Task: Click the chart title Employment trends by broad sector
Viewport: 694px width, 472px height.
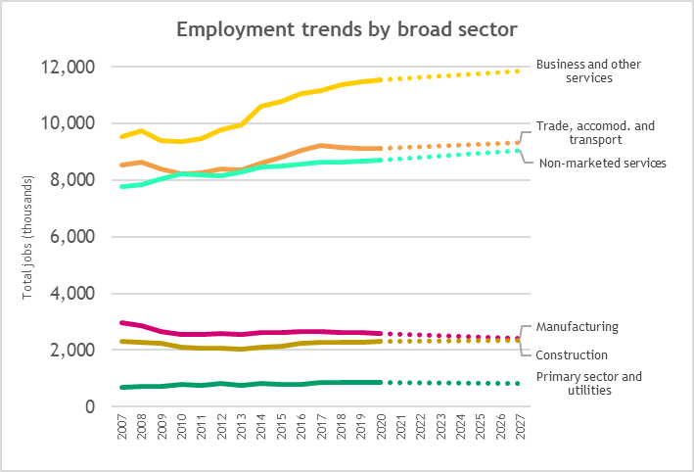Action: pos(347,29)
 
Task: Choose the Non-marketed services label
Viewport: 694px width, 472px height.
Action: pos(602,163)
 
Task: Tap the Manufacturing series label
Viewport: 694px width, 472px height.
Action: pos(578,326)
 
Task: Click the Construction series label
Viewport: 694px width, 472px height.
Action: pos(573,354)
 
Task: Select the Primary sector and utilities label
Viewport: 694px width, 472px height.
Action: pos(589,383)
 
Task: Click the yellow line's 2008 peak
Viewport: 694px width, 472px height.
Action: pos(143,131)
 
